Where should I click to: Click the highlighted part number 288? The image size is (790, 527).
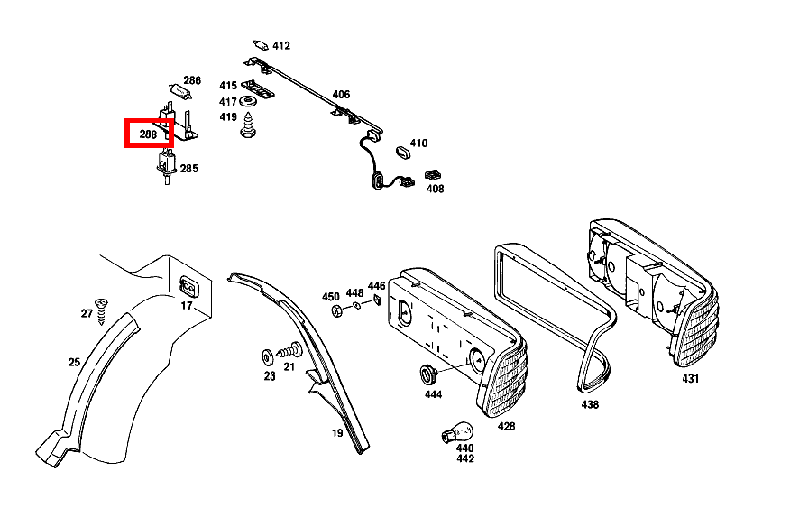[x=148, y=135]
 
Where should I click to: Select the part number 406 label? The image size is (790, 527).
[x=340, y=94]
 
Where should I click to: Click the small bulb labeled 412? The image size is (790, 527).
[x=262, y=44]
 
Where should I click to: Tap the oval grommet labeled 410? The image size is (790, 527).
[x=403, y=150]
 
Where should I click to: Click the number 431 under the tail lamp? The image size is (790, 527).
[x=690, y=379]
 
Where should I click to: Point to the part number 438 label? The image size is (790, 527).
[x=589, y=405]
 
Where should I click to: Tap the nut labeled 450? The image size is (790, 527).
[x=336, y=312]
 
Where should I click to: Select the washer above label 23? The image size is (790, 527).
[x=269, y=354]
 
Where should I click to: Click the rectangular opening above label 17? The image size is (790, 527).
[x=188, y=287]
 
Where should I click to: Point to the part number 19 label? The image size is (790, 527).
[x=336, y=433]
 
